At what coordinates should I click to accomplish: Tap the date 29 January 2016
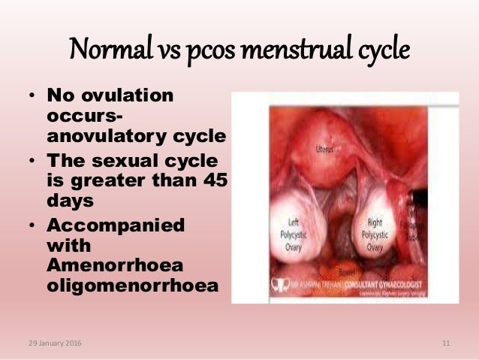pyautogui.click(x=53, y=343)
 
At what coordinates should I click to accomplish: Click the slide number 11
pyautogui.click(x=446, y=343)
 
